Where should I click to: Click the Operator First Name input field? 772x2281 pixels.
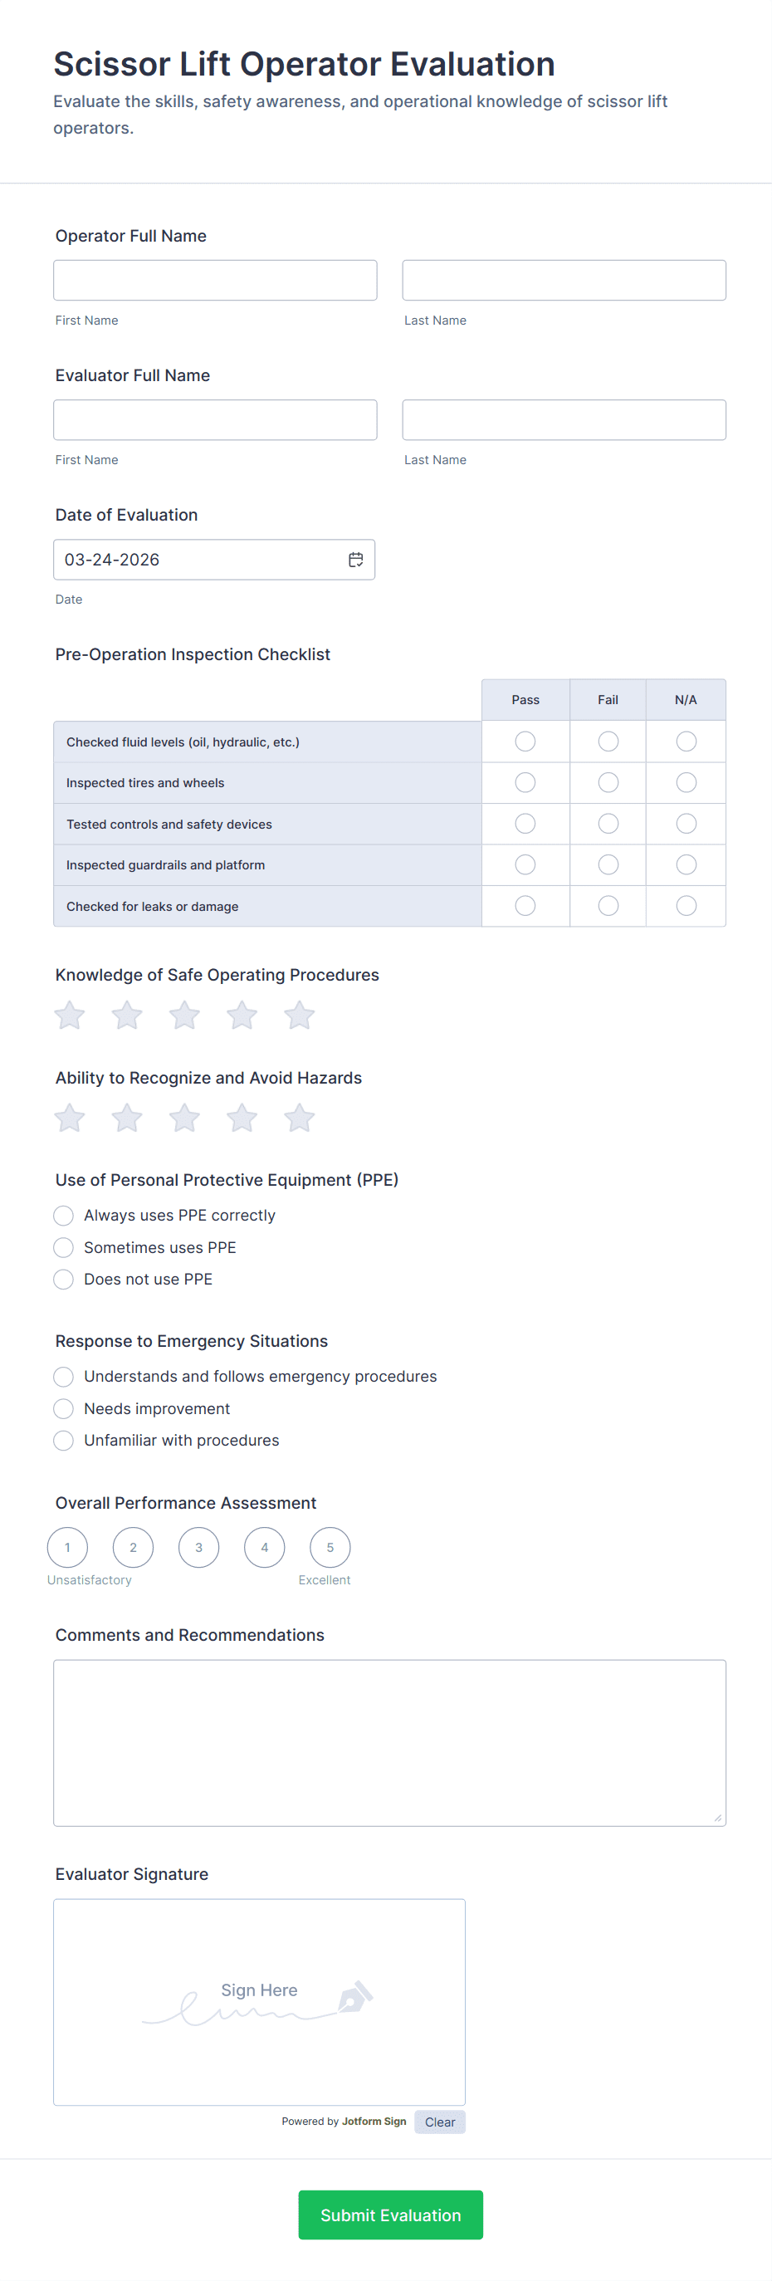pos(215,280)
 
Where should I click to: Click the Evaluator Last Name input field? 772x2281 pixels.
pos(564,419)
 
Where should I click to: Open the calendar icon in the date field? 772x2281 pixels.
pos(356,560)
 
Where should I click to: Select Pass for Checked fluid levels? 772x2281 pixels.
pos(525,742)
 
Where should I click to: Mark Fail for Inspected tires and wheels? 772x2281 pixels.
pos(608,783)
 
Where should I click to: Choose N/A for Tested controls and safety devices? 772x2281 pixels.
pos(686,824)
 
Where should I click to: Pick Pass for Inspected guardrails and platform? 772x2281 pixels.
pos(525,864)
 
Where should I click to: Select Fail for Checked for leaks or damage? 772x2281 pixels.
pos(608,906)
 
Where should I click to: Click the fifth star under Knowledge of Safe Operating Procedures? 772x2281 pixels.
pos(299,1015)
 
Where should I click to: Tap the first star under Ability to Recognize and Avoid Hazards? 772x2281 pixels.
pos(70,1118)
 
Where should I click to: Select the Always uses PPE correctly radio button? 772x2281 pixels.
pos(64,1215)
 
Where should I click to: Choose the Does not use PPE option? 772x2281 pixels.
pos(64,1280)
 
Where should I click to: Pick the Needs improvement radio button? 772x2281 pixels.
pos(64,1409)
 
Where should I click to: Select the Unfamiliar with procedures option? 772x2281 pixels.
pos(64,1441)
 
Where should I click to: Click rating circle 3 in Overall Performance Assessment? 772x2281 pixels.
pos(199,1548)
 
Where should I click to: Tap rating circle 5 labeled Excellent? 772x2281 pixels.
pos(330,1548)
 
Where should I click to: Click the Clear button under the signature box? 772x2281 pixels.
pos(440,2122)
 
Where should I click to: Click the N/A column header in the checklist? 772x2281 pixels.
pos(686,699)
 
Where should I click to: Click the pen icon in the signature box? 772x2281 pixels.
pos(356,1997)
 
